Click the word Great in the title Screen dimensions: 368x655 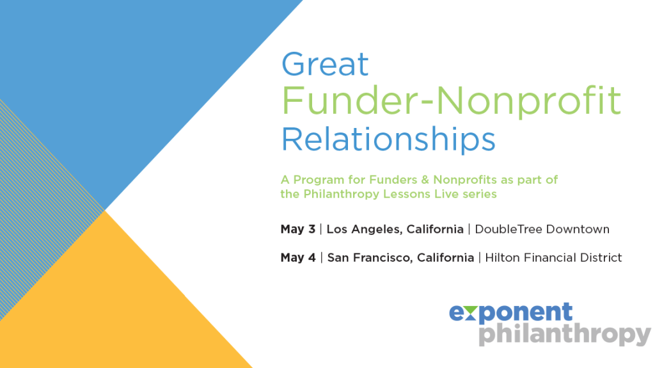tap(325, 65)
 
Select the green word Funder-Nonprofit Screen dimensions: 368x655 tap(451, 100)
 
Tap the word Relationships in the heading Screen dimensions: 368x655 tap(388, 139)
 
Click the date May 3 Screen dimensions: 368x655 tap(297, 229)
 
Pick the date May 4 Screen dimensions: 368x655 tap(297, 258)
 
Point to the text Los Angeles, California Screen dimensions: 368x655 tap(395, 229)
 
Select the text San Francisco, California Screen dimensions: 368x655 tap(400, 258)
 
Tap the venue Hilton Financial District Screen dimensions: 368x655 tap(553, 258)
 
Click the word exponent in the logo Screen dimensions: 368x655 tap(510, 312)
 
